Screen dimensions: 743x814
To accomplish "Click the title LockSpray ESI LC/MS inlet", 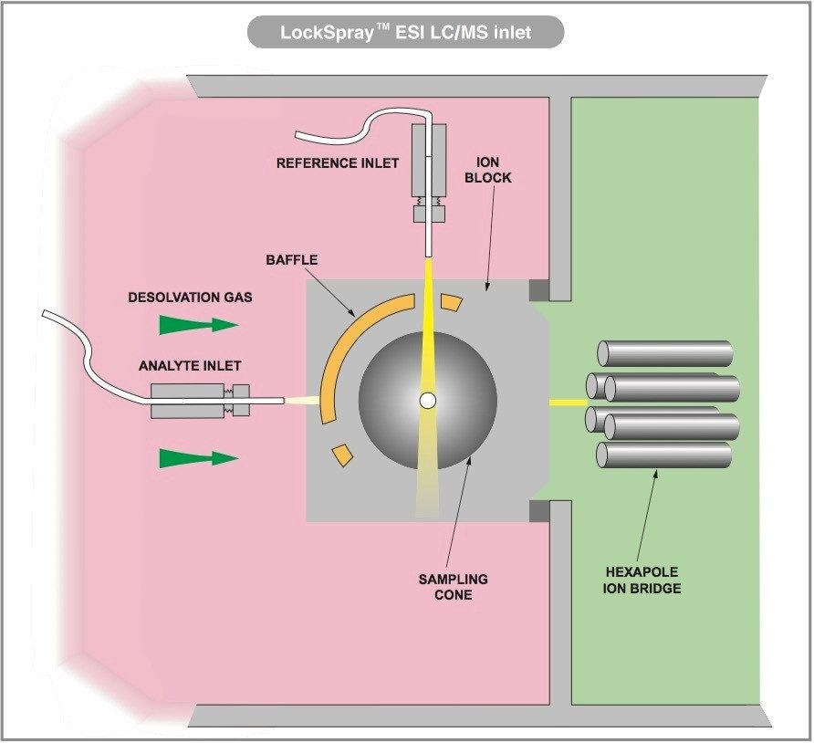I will coord(406,33).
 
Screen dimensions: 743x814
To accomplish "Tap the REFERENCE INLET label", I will coord(339,163).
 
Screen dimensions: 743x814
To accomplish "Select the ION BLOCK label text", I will coord(488,171).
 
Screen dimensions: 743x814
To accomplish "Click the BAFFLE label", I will coord(292,260).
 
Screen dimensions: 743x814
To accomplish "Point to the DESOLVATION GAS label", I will coord(190,298).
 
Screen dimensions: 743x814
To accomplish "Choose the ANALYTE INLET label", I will coord(190,366).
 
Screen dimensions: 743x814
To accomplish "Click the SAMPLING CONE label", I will coord(453,586).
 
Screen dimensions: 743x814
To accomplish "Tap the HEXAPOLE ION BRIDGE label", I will coord(642,580).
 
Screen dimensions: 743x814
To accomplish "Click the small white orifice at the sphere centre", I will coord(426,400).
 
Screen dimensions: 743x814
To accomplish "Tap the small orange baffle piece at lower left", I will coord(341,453).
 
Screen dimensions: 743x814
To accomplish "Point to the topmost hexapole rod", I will coord(665,352).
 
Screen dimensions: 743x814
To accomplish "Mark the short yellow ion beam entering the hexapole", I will coord(567,401).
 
